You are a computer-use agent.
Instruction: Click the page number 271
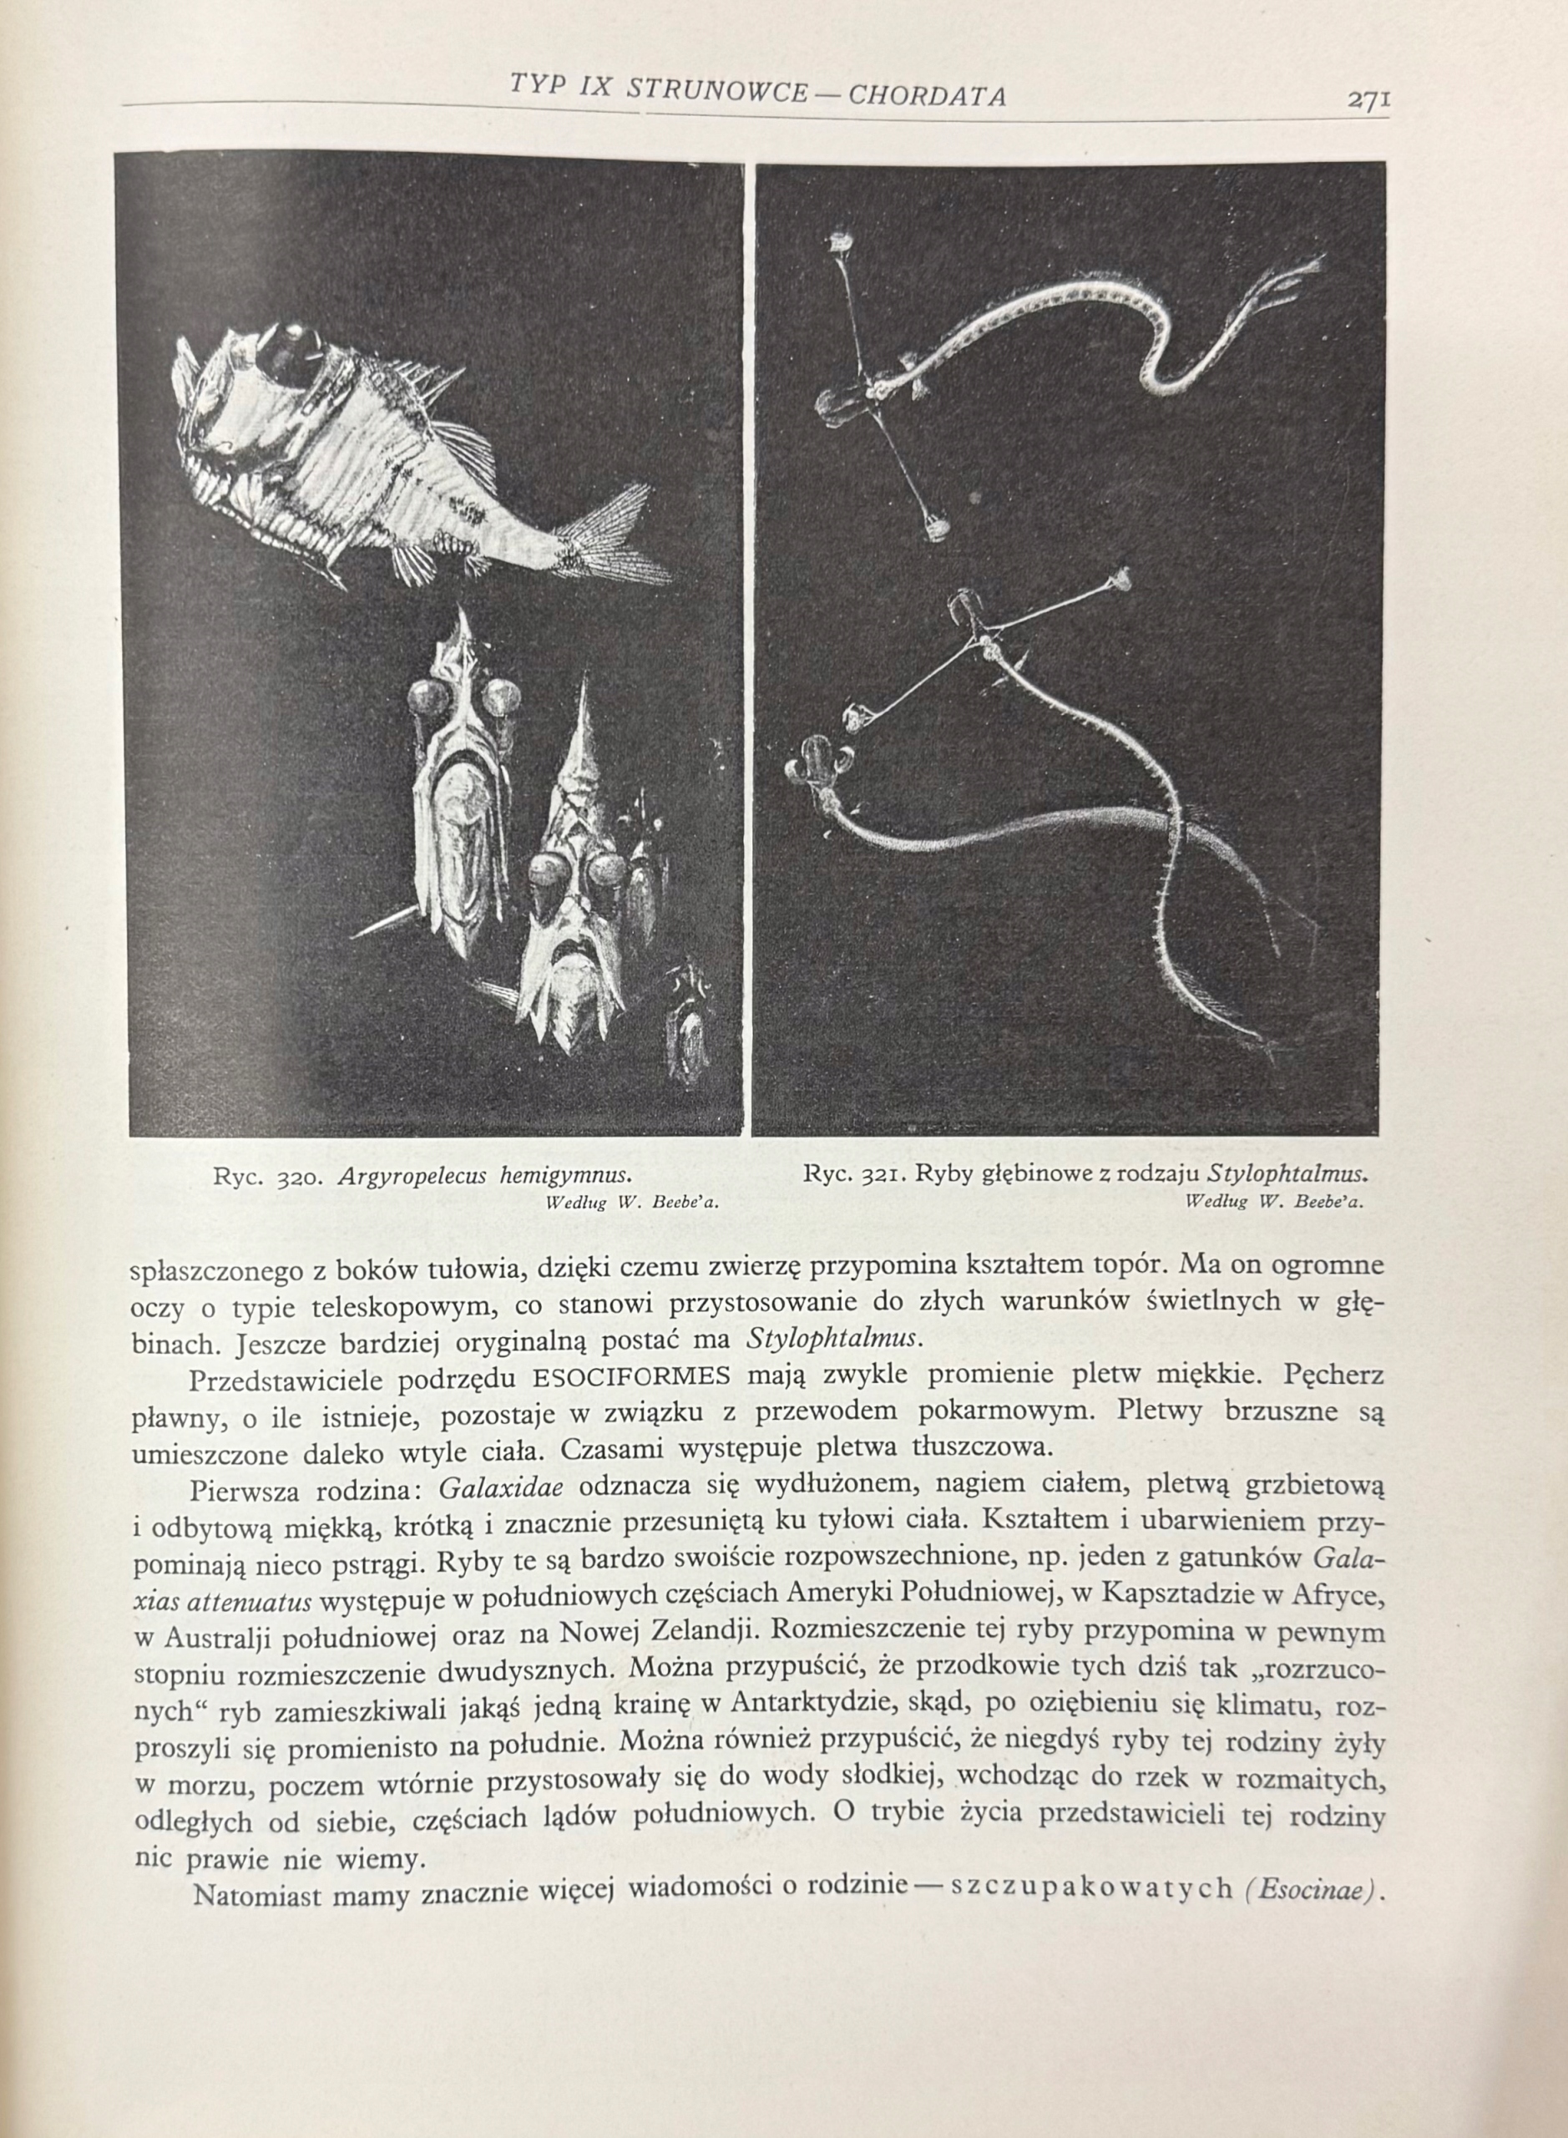(1368, 99)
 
